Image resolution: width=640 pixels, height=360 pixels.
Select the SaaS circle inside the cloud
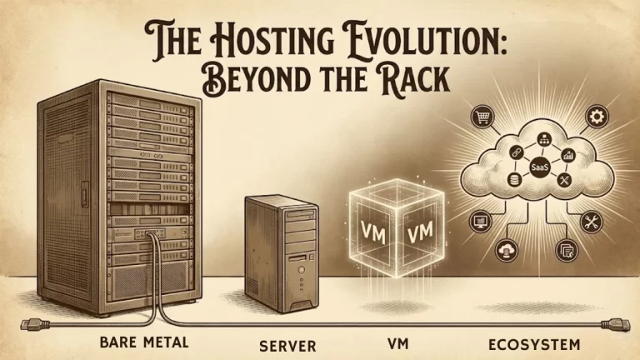pos(539,168)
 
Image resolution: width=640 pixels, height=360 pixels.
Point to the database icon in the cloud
pos(517,181)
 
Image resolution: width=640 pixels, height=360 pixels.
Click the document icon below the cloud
pos(564,247)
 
